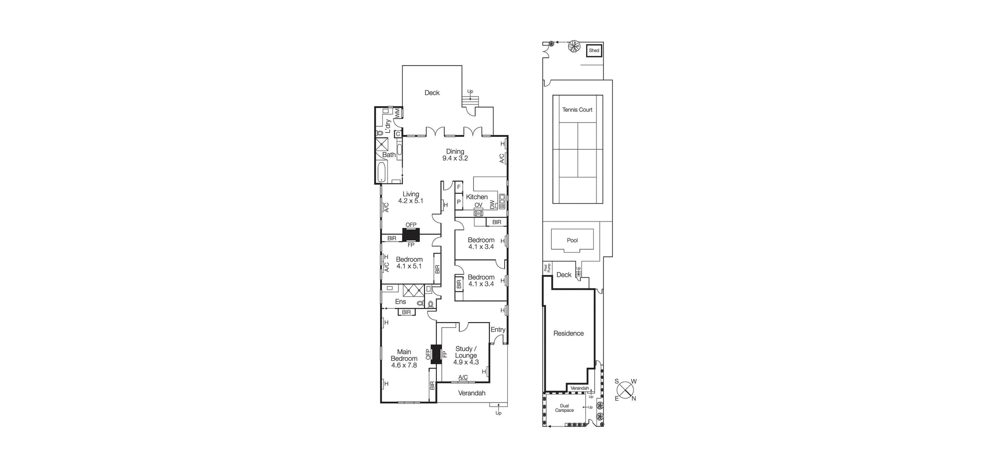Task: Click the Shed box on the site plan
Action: click(594, 50)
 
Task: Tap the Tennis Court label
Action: click(577, 110)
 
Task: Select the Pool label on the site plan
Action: click(572, 240)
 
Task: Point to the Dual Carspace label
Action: click(564, 408)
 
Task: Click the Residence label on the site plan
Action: click(568, 333)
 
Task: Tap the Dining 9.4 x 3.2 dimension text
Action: click(455, 158)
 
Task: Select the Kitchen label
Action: click(477, 197)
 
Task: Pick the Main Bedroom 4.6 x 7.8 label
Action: click(404, 358)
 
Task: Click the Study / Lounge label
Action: click(466, 352)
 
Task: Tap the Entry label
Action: click(498, 330)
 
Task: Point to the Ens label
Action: click(400, 302)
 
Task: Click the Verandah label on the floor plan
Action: click(472, 393)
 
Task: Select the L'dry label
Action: click(387, 126)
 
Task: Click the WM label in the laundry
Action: click(397, 113)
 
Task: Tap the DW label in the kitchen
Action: click(493, 204)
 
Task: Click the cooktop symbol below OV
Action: click(478, 214)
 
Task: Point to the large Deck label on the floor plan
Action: click(432, 93)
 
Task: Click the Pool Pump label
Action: click(546, 268)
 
